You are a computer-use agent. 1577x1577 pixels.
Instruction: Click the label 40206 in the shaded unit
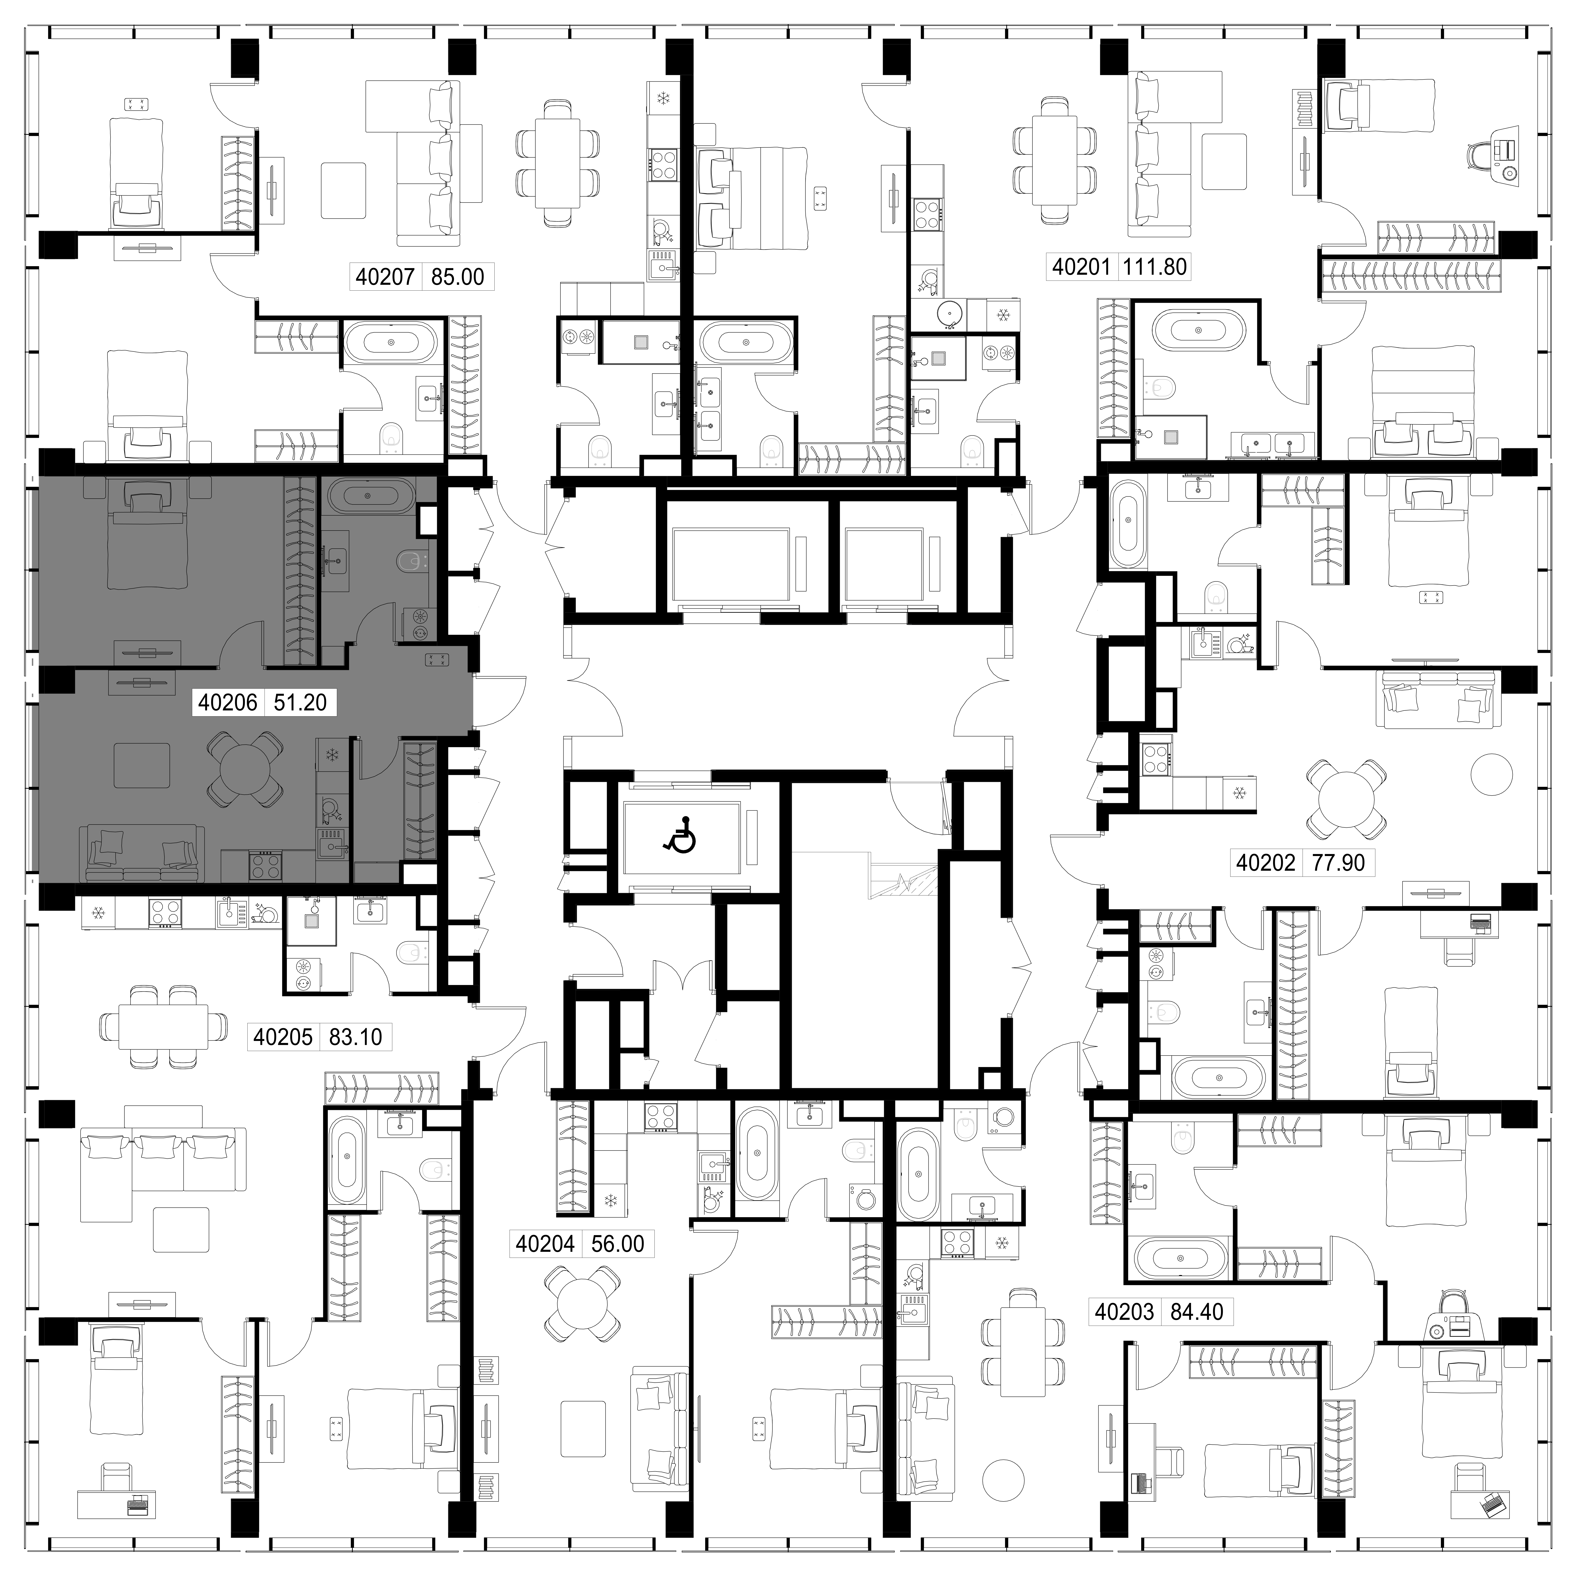click(x=228, y=702)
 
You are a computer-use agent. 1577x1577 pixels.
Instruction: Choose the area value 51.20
click(x=300, y=702)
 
